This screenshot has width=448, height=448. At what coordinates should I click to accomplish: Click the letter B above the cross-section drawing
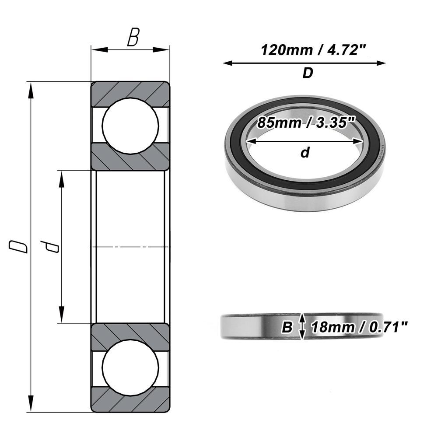[133, 38]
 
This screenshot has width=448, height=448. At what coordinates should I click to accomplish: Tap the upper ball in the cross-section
[130, 126]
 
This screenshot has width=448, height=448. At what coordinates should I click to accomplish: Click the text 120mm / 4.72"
[313, 50]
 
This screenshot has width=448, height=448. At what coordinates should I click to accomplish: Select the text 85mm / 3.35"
[305, 122]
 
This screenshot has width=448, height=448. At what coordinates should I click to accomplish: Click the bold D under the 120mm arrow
[308, 73]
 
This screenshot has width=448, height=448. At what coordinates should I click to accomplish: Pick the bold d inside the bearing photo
[305, 153]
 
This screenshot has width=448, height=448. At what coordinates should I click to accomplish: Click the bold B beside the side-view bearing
[287, 327]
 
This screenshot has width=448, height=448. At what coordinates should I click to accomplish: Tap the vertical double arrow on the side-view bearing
[301, 326]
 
